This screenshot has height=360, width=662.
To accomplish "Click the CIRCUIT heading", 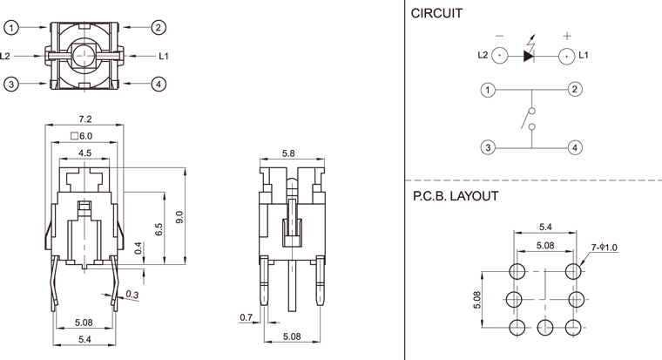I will pos(436,13).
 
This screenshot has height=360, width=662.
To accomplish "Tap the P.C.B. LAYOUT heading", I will pos(456,196).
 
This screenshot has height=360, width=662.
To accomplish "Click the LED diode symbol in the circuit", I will pos(529,56).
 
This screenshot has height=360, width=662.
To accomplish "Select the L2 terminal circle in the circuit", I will pos(498,56).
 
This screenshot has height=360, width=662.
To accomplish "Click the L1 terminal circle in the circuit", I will pos(565,56).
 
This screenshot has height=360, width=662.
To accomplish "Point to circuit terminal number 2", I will pos(575,89).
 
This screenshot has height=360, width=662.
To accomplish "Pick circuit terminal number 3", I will pos(489,147).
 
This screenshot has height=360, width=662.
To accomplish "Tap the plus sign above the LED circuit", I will pos(566,36).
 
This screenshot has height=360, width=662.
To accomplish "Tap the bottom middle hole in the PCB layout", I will pos(545,327).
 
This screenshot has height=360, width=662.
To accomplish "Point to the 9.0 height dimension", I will pos(179,214).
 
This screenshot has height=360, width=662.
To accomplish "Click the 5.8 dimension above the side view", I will pos(289,153).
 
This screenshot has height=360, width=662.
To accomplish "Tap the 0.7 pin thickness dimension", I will pos(245,316).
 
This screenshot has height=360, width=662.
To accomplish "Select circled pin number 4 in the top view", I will pos(159,84).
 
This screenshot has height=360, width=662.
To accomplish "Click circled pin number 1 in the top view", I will pos(11,28).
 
